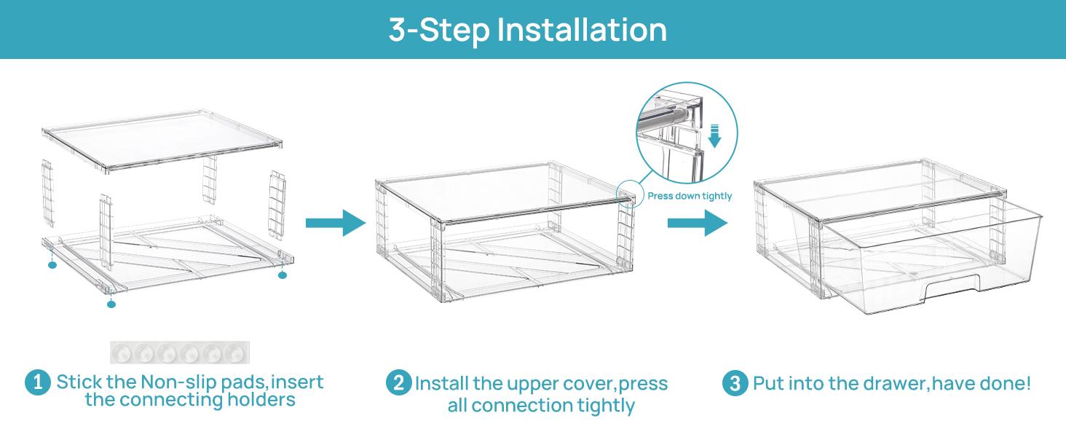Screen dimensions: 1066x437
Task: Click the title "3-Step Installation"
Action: (x=528, y=30)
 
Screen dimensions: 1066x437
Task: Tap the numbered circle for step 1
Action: (x=38, y=382)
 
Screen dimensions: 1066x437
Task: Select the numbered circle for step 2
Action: (x=399, y=382)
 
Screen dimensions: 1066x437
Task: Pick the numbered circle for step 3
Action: (x=735, y=383)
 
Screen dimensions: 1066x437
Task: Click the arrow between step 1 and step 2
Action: (x=336, y=223)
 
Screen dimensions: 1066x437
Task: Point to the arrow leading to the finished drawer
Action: (x=698, y=223)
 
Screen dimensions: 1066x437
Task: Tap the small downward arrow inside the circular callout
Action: (x=715, y=136)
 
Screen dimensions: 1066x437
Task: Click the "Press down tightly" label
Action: (x=690, y=196)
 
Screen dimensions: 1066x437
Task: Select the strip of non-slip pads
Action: (x=180, y=353)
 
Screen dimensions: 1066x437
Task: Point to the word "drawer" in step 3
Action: (x=893, y=383)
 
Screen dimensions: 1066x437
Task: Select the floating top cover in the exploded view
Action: (x=162, y=141)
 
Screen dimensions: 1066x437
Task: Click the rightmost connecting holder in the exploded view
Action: (x=277, y=205)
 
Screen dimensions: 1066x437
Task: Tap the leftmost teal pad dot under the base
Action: (x=52, y=265)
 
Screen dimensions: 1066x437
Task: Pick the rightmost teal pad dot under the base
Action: (x=283, y=275)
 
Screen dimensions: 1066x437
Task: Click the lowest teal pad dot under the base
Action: (x=111, y=304)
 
